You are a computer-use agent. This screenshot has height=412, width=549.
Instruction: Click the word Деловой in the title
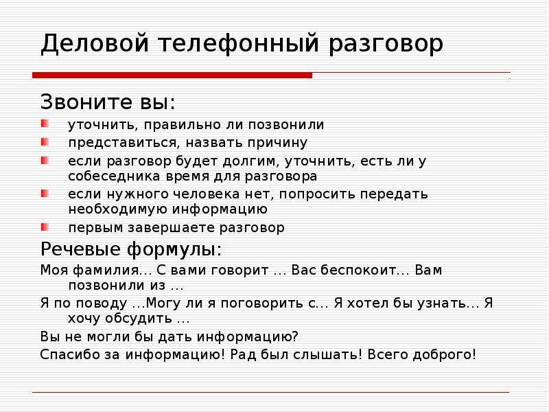(95, 43)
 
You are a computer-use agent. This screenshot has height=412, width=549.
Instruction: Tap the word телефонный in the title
(238, 44)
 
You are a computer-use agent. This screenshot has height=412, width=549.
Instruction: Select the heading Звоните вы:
(108, 102)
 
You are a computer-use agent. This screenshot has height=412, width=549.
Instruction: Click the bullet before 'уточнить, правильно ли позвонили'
(45, 124)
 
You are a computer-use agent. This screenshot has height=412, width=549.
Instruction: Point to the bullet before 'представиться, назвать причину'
(45, 142)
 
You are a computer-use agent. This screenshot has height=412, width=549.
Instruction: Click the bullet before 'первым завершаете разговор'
(45, 227)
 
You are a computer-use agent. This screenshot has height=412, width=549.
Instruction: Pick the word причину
(277, 144)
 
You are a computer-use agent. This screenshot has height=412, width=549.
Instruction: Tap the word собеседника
(114, 176)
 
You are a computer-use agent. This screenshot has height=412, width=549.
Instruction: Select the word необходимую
(117, 210)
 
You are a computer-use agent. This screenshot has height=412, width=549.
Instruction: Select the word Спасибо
(70, 355)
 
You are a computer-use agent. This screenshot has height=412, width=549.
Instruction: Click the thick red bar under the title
(172, 75)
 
